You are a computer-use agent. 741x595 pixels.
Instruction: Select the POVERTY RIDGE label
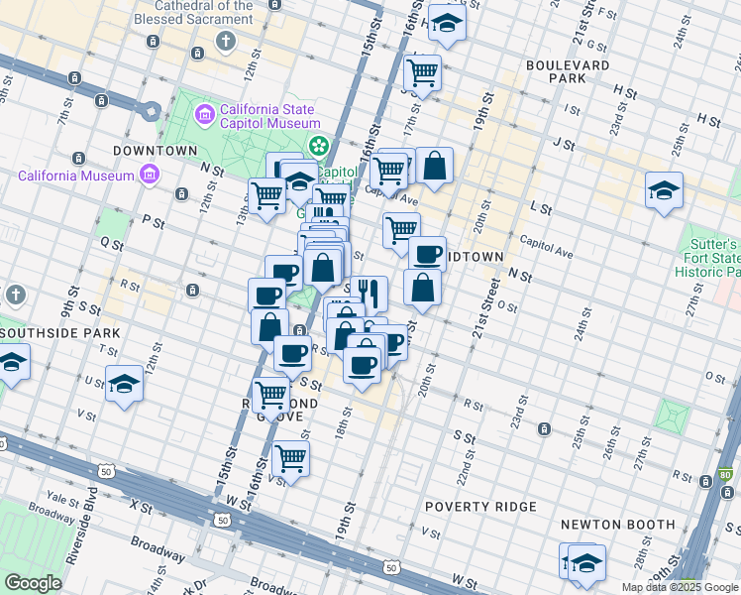click(480, 507)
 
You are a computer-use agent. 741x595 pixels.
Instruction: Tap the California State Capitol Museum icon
click(205, 114)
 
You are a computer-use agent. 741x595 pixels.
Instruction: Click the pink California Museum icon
click(150, 176)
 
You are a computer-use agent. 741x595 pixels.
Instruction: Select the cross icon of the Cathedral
click(226, 41)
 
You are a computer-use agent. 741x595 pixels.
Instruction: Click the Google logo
click(33, 583)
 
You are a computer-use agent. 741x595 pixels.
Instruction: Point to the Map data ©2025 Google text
click(680, 587)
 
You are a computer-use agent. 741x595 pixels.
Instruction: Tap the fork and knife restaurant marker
click(369, 293)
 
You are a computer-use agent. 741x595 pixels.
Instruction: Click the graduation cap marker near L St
click(664, 190)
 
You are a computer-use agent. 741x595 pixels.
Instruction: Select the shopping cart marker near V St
click(290, 458)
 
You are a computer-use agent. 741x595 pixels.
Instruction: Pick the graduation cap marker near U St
click(125, 383)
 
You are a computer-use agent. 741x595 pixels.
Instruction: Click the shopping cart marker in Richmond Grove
click(270, 394)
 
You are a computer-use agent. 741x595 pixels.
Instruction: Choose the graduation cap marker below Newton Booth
click(586, 562)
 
